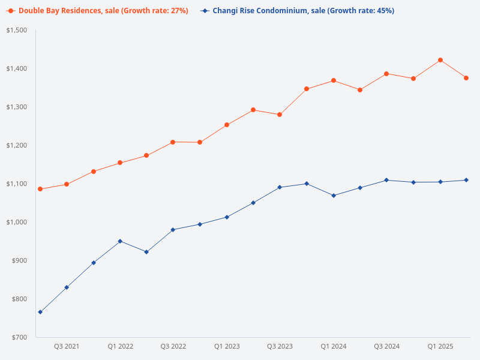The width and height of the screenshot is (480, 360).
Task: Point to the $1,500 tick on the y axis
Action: pos(17,30)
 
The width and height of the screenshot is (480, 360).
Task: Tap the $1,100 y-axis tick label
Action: pos(17,184)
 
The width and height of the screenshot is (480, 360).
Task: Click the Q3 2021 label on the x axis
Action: pos(67,346)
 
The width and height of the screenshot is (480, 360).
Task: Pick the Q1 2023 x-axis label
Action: pos(227,346)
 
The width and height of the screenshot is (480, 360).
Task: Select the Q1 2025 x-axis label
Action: pos(440,346)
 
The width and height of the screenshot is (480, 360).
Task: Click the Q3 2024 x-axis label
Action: pos(386,346)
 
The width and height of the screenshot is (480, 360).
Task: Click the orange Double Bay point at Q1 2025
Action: pos(440,60)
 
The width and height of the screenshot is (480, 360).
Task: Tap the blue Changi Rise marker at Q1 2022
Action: pos(120,241)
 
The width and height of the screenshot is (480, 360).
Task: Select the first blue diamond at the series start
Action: pos(40,312)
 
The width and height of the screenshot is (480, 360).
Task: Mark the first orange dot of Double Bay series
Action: pos(40,189)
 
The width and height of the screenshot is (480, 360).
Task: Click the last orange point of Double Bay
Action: pos(466,78)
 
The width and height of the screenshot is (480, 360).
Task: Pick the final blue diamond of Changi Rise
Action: pos(466,180)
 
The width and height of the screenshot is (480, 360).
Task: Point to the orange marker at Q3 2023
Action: pos(280,115)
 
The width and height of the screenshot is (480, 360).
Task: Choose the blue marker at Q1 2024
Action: pos(334,196)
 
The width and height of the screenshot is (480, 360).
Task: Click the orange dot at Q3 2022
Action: pos(173,142)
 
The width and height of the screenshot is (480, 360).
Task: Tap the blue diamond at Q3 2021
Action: pos(67,287)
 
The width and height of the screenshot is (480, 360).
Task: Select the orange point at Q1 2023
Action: pos(227,125)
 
